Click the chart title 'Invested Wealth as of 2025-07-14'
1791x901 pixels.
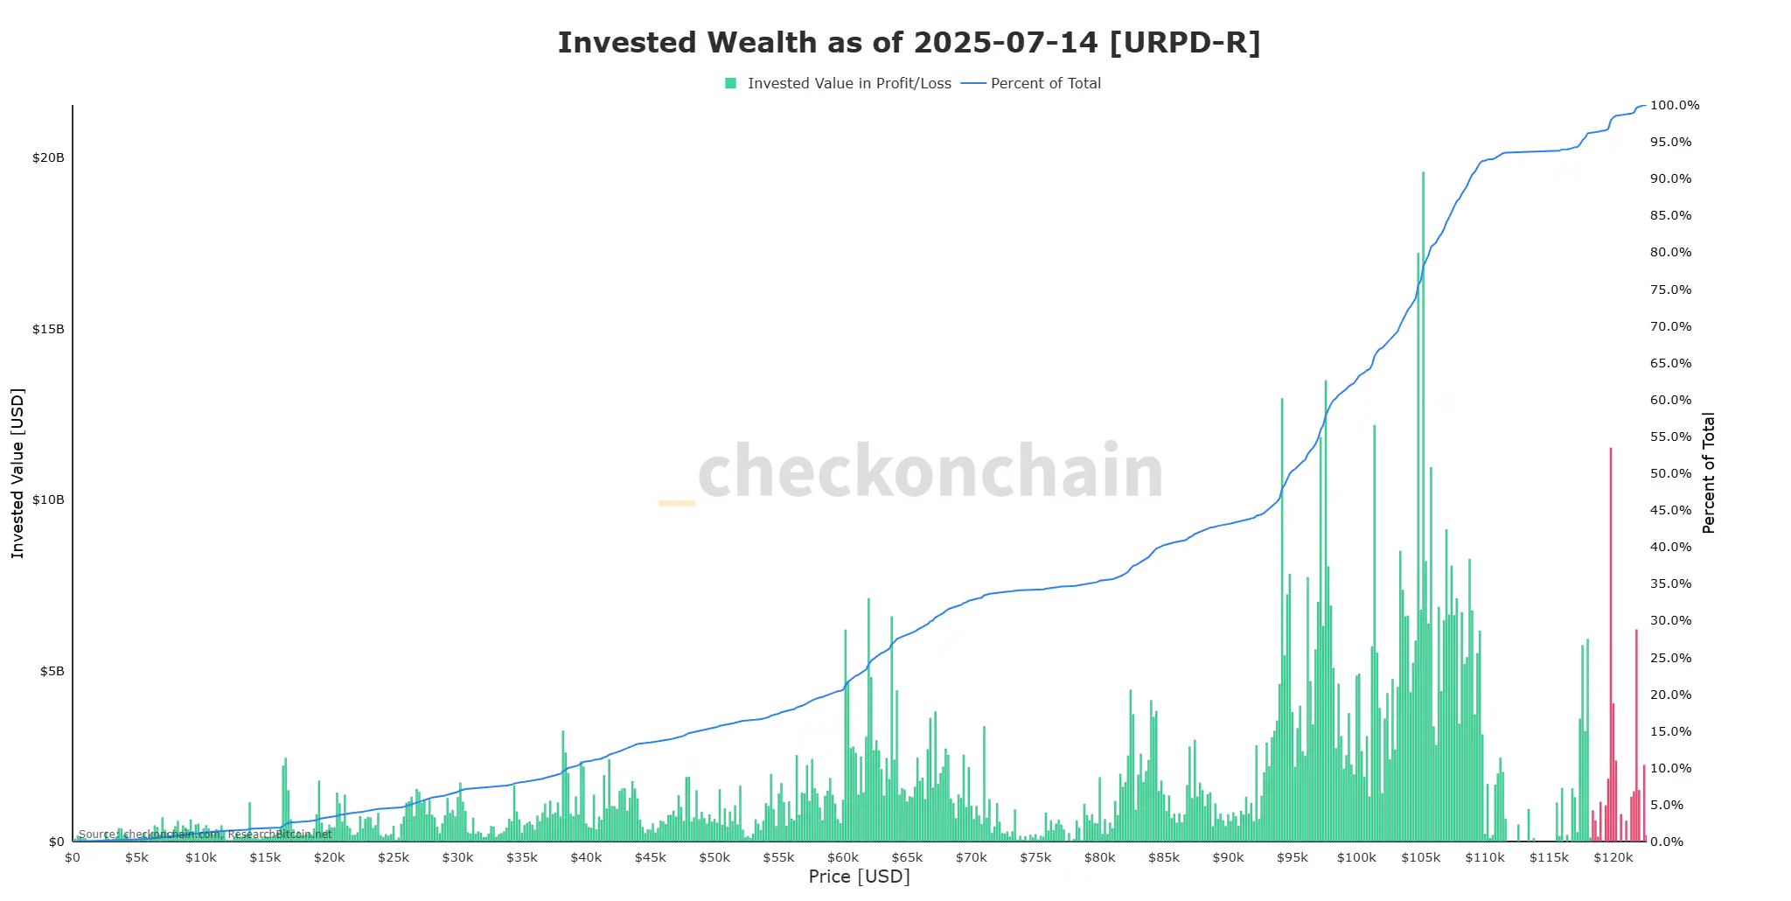[909, 43]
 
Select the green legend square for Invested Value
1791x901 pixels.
[730, 83]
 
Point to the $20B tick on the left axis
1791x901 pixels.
[48, 158]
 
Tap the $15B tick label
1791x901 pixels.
[48, 330]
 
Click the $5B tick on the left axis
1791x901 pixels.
[52, 672]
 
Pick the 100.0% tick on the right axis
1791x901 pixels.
[1674, 106]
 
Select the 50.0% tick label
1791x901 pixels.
[1670, 474]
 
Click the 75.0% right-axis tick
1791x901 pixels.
[1670, 290]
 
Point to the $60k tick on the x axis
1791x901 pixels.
[843, 858]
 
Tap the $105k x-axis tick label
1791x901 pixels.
[1420, 858]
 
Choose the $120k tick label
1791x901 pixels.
[1613, 858]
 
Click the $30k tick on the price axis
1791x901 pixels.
[457, 858]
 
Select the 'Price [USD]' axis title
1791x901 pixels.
[859, 877]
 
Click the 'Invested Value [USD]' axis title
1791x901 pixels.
[17, 473]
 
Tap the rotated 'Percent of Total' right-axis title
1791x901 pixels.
[1708, 473]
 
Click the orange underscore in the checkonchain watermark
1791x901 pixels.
[676, 503]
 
